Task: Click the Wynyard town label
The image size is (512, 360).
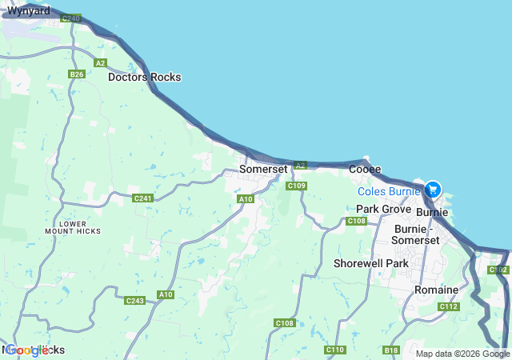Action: (x=28, y=11)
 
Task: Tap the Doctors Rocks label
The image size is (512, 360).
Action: (x=145, y=78)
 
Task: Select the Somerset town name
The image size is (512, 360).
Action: (x=263, y=170)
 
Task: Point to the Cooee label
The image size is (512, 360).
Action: (x=365, y=170)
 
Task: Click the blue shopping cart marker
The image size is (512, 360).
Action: (x=432, y=190)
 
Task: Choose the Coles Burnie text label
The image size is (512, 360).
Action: (x=389, y=192)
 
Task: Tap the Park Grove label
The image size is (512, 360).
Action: (x=383, y=209)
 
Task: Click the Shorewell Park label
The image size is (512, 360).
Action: (x=371, y=263)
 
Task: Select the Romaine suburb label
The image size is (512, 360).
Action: (x=436, y=290)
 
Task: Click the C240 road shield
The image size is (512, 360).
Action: (x=70, y=18)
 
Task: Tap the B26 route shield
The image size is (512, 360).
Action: (x=77, y=74)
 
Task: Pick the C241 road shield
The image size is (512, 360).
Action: (x=143, y=198)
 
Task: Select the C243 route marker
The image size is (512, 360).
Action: (x=135, y=301)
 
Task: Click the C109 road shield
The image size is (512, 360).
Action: (x=297, y=186)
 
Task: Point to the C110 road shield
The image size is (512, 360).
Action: (x=335, y=350)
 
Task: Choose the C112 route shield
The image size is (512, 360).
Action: (x=449, y=307)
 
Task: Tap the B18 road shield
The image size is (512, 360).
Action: (x=391, y=350)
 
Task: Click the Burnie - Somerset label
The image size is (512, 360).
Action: (x=414, y=234)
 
